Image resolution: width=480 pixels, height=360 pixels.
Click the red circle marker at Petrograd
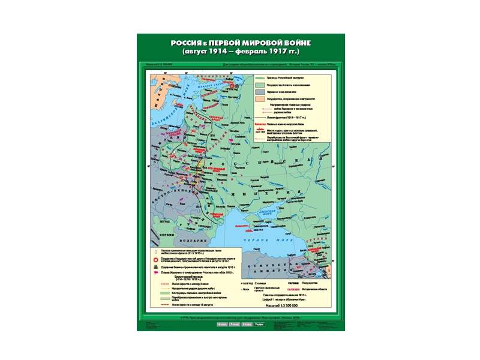click(238, 87)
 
